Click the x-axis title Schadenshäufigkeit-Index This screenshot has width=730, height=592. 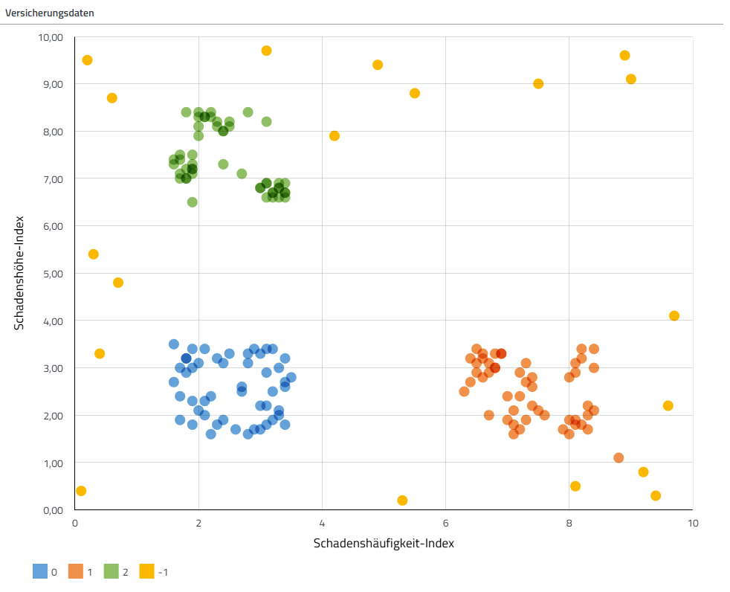pos(384,543)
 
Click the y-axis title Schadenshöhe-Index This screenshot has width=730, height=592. pos(20,273)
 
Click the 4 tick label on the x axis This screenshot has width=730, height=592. pos(322,523)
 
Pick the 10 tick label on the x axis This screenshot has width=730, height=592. pos(692,523)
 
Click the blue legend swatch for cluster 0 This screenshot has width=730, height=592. pos(40,572)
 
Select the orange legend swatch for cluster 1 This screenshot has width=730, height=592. pos(77,572)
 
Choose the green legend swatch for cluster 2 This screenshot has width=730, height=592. pos(112,572)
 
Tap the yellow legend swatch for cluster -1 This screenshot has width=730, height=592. pos(147,572)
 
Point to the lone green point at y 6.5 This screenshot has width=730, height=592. pos(193,202)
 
